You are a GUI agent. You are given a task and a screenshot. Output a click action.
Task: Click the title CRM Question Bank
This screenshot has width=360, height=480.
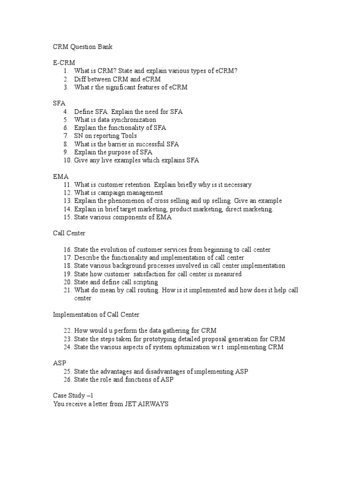point(82,47)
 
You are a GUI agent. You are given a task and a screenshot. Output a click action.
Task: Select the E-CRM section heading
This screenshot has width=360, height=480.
point(64,62)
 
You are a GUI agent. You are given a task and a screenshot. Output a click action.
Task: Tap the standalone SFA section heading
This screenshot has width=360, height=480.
point(59,103)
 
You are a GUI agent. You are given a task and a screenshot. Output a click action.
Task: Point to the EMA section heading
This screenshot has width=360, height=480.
point(61,177)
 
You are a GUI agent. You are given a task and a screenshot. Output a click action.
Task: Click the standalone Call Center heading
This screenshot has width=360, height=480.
point(69,233)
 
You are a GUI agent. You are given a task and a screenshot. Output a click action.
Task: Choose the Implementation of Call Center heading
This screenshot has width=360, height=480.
point(96,315)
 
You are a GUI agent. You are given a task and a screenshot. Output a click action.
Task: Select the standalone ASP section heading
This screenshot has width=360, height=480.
point(60,363)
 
